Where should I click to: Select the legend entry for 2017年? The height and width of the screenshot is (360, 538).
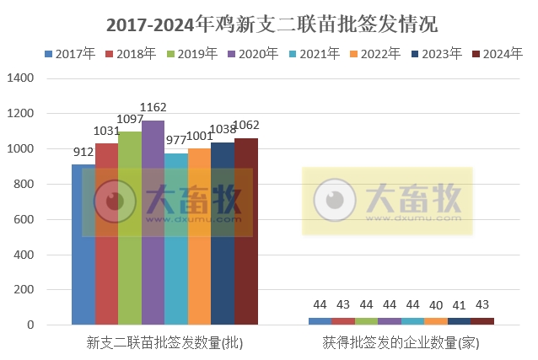tap(69, 54)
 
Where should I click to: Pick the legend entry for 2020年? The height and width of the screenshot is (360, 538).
tap(253, 54)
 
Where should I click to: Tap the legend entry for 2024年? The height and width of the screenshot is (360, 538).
tap(498, 54)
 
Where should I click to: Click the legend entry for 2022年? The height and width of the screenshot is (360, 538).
tap(375, 54)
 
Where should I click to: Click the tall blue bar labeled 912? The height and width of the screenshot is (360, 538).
tap(83, 244)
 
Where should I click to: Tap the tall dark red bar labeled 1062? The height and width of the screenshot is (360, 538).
tap(245, 231)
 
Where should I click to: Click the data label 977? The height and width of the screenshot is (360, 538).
tap(176, 142)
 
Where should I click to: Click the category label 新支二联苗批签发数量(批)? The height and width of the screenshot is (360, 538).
tap(164, 344)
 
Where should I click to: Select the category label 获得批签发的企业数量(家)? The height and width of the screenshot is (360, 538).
tap(401, 344)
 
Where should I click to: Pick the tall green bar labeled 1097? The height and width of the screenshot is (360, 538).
tap(130, 228)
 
